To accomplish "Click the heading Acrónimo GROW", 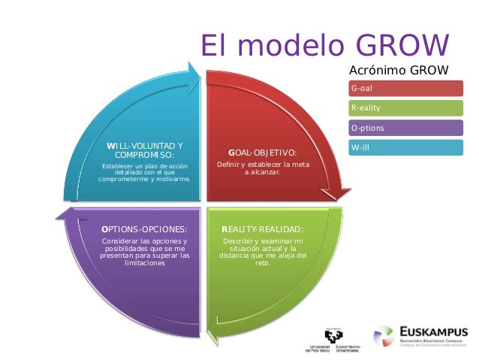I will pyautogui.click(x=399, y=71).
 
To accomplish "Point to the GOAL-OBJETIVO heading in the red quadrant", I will pyautogui.click(x=262, y=153).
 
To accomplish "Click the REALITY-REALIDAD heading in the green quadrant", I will pyautogui.click(x=262, y=229).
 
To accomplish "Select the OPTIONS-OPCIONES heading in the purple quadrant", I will pyautogui.click(x=145, y=229).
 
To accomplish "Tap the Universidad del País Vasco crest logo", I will pyautogui.click(x=333, y=335).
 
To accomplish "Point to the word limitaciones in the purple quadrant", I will pyautogui.click(x=145, y=264).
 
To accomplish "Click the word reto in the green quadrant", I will pyautogui.click(x=262, y=264).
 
